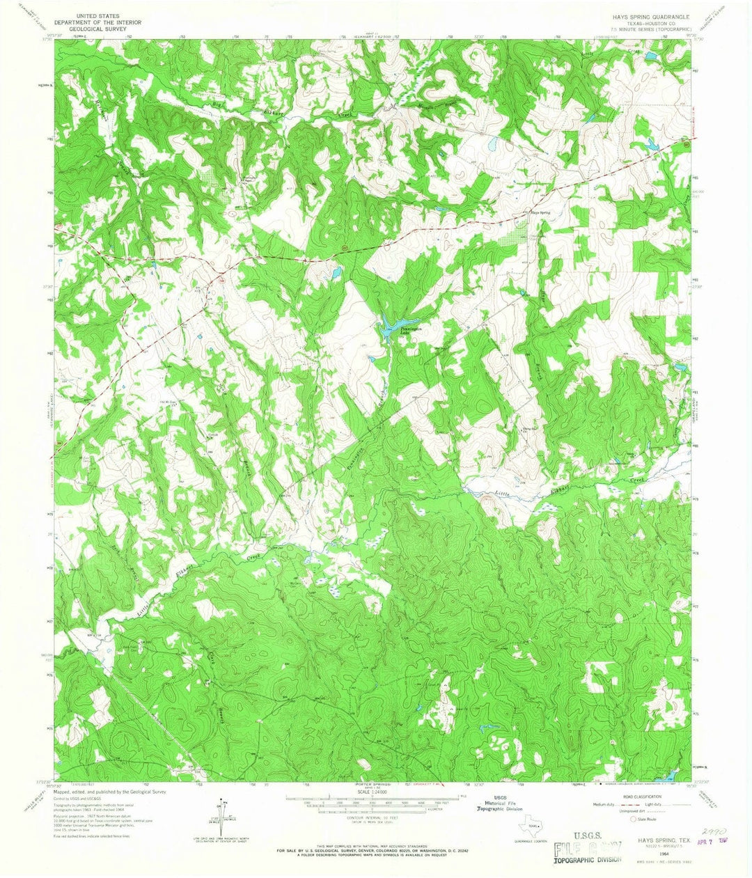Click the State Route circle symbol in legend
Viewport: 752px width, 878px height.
632,820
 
